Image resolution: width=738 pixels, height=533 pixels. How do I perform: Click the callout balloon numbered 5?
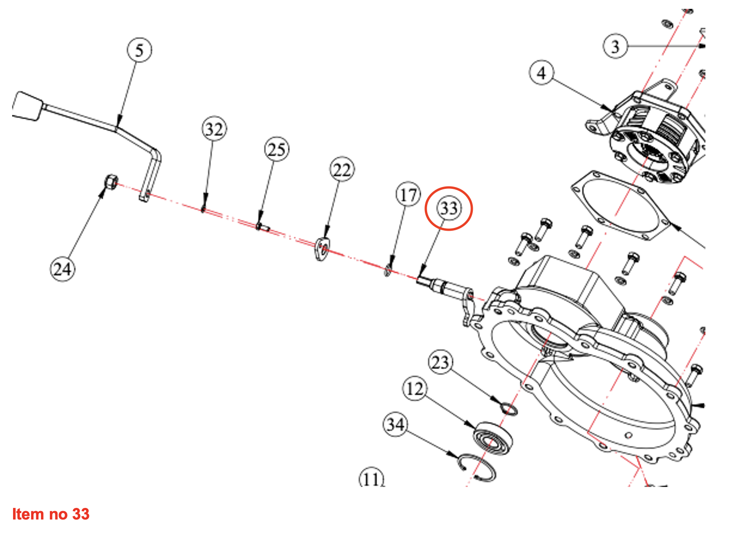pos(139,50)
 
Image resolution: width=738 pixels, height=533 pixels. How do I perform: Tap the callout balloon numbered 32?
pos(214,129)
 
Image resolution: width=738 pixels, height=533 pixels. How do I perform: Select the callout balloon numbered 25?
pos(276,149)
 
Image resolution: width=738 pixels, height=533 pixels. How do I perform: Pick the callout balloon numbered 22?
pos(342,170)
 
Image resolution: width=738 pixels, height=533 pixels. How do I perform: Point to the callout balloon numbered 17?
pos(408,194)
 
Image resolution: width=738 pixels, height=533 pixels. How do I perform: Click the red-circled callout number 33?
pos(449,208)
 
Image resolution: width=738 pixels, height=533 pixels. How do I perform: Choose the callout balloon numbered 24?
pos(62,269)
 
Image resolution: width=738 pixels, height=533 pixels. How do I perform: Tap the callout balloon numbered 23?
pos(440,362)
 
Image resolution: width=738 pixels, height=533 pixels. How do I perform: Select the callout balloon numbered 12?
pos(415,388)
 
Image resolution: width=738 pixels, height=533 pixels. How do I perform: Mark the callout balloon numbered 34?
pos(395,424)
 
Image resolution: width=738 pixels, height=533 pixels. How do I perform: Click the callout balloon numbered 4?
pos(542,73)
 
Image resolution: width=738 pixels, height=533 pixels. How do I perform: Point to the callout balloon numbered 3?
pos(615,46)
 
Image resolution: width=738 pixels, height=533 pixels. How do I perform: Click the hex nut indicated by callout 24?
pos(111,181)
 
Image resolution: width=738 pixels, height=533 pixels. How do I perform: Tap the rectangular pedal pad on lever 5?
pos(27,105)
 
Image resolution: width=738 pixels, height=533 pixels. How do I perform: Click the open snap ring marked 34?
pos(476,467)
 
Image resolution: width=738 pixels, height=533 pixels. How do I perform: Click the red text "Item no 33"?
pos(51,514)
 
